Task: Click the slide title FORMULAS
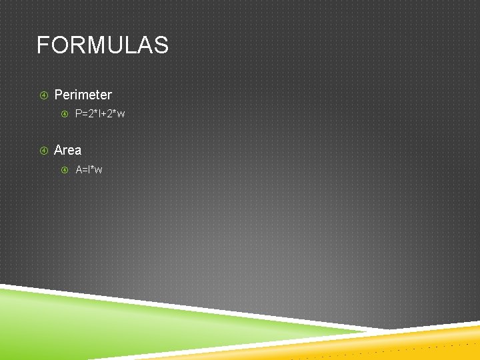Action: (x=102, y=45)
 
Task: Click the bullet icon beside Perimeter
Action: (x=44, y=95)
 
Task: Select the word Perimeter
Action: (x=83, y=95)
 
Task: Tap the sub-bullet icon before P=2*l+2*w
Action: (x=65, y=114)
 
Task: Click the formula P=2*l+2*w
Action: (x=100, y=114)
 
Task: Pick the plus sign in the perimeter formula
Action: (x=102, y=114)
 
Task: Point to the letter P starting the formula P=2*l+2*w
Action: (x=79, y=114)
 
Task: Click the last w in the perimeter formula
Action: (x=121, y=114)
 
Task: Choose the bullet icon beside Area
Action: (x=44, y=151)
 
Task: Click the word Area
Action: (x=67, y=150)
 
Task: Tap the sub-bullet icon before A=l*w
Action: (x=65, y=170)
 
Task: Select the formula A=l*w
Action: (x=89, y=170)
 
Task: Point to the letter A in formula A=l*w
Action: (x=79, y=170)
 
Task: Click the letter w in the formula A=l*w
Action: (x=99, y=170)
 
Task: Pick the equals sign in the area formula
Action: (x=85, y=170)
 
